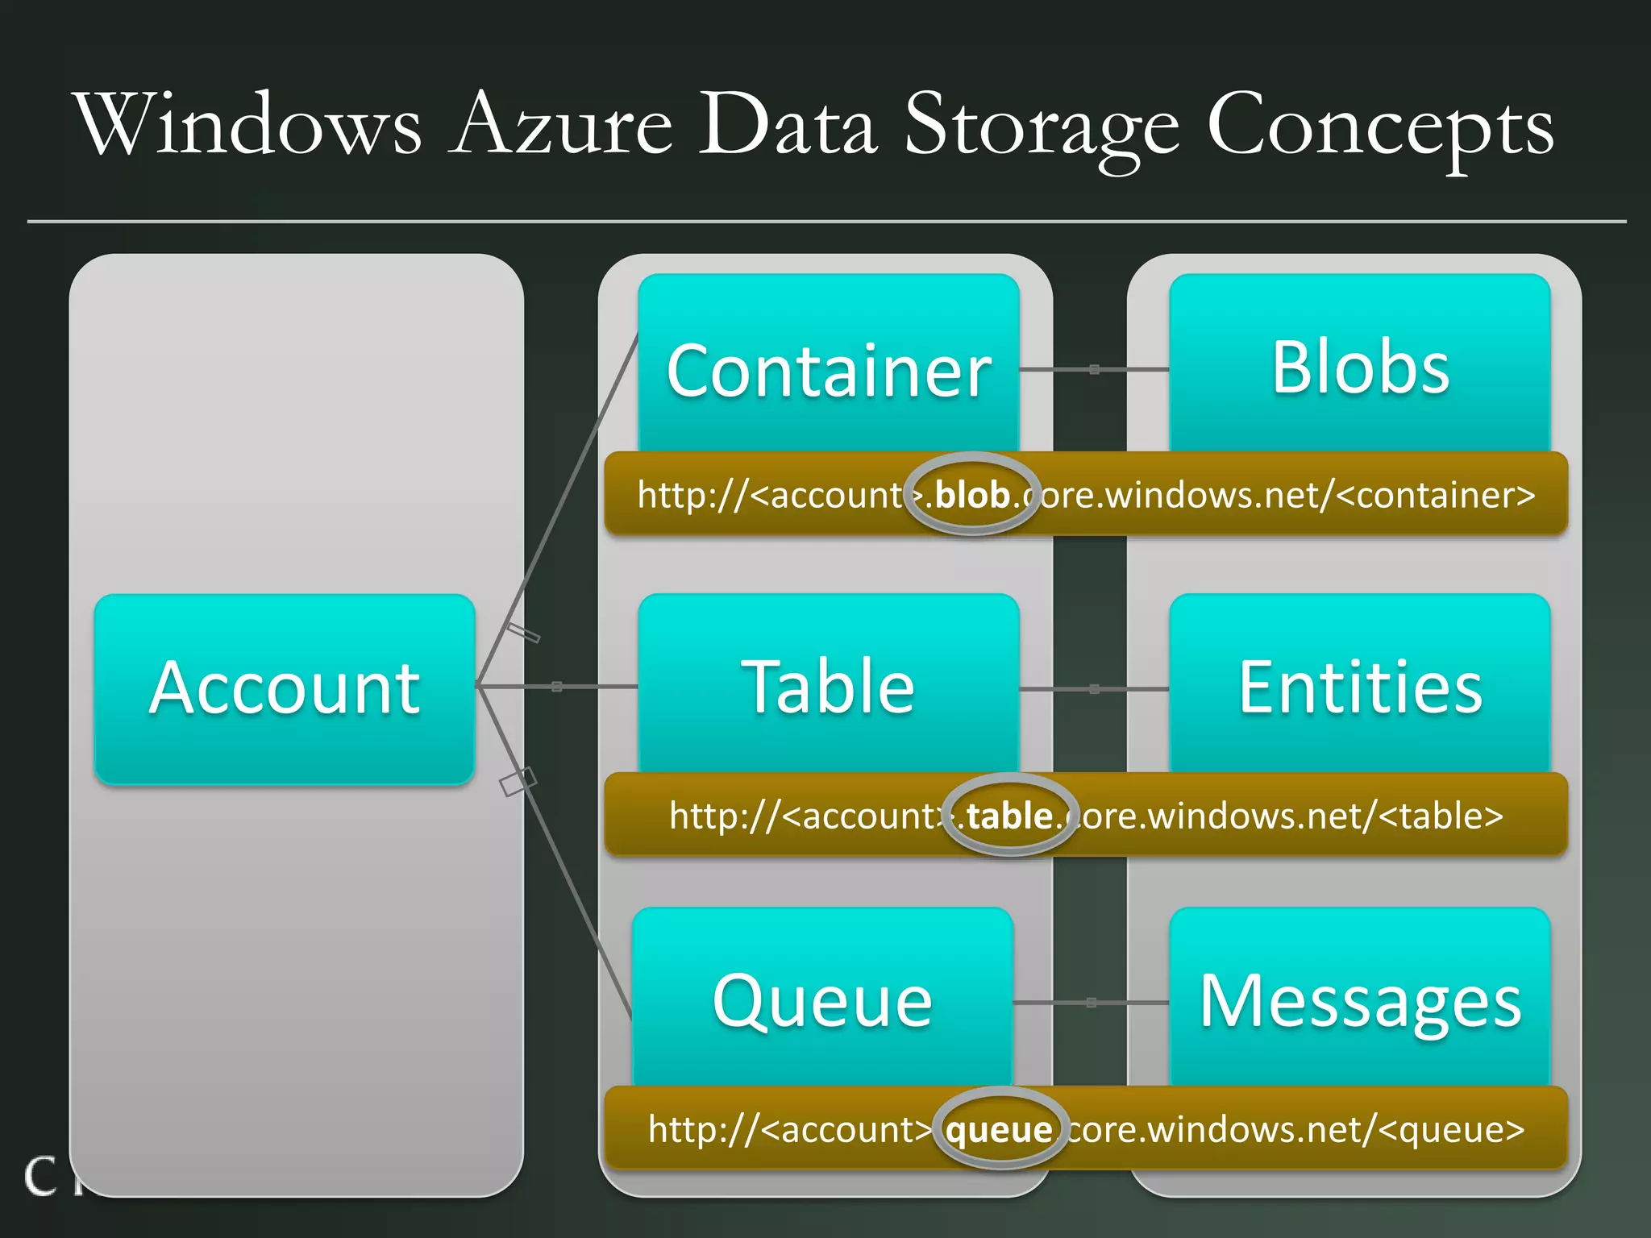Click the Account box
click(285, 688)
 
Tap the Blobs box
click(1360, 367)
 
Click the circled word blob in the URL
click(971, 494)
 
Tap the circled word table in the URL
click(1009, 816)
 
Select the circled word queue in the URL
click(1000, 1129)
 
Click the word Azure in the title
click(561, 125)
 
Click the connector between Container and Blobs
click(1094, 369)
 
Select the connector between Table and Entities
click(1094, 689)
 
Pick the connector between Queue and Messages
click(1091, 1003)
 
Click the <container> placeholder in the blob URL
click(1435, 494)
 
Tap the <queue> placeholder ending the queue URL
click(1451, 1129)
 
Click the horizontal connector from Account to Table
click(557, 687)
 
